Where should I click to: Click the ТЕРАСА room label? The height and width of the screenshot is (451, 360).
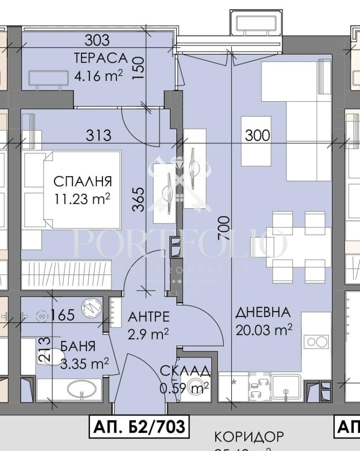pyautogui.click(x=101, y=58)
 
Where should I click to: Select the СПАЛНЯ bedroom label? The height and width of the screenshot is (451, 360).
pyautogui.click(x=82, y=182)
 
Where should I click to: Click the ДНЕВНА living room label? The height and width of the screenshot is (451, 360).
pyautogui.click(x=263, y=313)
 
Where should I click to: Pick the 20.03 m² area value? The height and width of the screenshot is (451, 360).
pyautogui.click(x=264, y=330)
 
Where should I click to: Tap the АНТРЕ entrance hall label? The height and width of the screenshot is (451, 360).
pyautogui.click(x=149, y=317)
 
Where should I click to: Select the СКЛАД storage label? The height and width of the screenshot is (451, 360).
pyautogui.click(x=185, y=371)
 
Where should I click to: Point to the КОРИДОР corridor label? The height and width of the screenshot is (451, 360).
pyautogui.click(x=249, y=437)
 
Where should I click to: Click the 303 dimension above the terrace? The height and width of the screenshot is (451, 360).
pyautogui.click(x=97, y=40)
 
